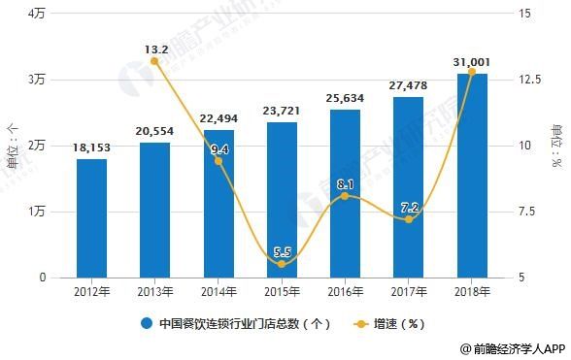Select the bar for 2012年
coord(92,218)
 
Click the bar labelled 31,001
coord(471,176)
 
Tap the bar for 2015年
coord(282,200)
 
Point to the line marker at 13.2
coord(154,61)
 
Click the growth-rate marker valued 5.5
coord(282,264)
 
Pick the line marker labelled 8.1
coord(345,196)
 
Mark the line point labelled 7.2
coord(408,219)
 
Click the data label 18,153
coord(92,148)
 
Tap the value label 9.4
coord(218,148)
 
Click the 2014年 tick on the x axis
coord(218,289)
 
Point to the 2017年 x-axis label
coord(408,289)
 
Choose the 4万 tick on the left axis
coord(38,14)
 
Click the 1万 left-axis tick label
coord(38,212)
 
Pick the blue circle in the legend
coord(147,323)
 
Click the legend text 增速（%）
coord(399,323)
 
